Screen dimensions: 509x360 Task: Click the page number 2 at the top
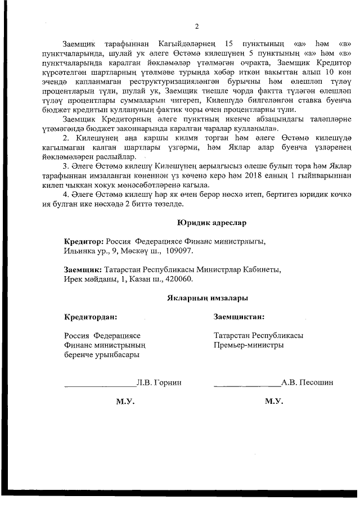pyautogui.click(x=196, y=26)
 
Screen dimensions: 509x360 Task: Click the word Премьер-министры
pyautogui.click(x=249, y=345)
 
